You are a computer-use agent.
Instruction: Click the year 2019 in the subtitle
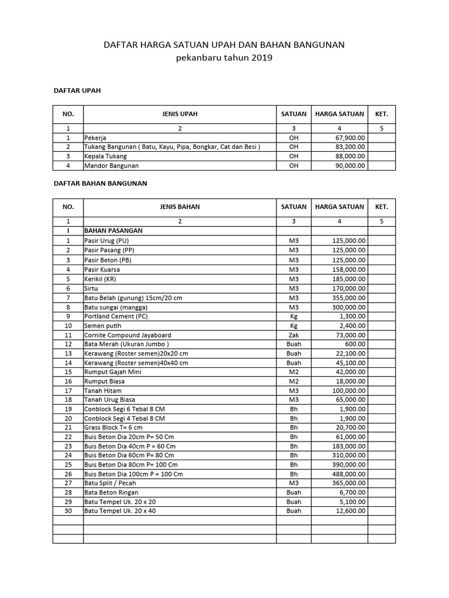tap(262, 58)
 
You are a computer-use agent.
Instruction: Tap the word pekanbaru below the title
tap(201, 58)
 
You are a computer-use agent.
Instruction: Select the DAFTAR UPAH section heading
tap(77, 91)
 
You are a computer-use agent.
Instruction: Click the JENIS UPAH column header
tap(179, 114)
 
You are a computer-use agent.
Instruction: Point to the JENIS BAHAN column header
tap(179, 207)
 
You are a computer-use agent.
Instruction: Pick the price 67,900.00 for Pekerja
tap(348, 137)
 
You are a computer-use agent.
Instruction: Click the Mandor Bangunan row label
tap(110, 165)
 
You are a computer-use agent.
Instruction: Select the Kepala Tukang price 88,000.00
tap(348, 156)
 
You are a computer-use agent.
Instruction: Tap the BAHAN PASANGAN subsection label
tap(113, 231)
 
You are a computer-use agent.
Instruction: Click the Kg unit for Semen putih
tap(293, 326)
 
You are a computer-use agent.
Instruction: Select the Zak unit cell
tap(293, 335)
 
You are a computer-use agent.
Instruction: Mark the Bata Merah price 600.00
tap(356, 345)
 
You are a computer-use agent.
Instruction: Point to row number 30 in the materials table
tap(68, 511)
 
